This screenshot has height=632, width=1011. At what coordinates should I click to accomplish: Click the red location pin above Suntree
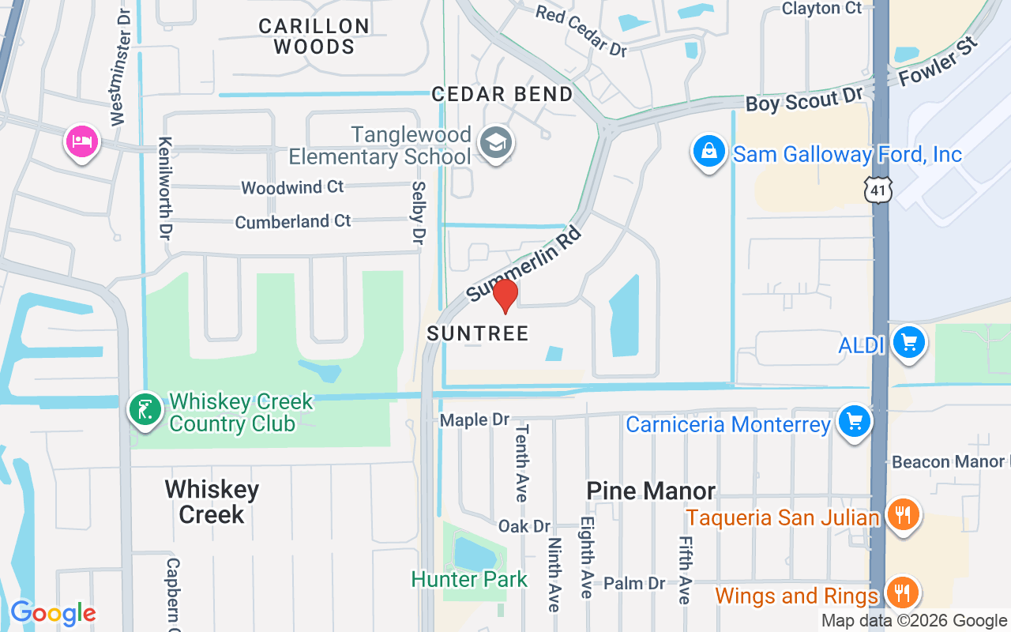pyautogui.click(x=505, y=295)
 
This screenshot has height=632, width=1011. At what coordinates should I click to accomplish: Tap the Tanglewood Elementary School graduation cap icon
pyautogui.click(x=497, y=144)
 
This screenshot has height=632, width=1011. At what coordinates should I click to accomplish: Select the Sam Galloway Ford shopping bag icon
pyautogui.click(x=709, y=150)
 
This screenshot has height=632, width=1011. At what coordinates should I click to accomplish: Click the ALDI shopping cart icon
pyautogui.click(x=908, y=343)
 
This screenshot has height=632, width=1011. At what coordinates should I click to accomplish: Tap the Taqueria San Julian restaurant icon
pyautogui.click(x=903, y=515)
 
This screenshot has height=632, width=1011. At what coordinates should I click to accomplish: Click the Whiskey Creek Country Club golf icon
pyautogui.click(x=145, y=409)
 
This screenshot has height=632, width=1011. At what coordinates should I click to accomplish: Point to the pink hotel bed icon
pyautogui.click(x=81, y=141)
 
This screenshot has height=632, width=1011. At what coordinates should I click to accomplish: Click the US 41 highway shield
pyautogui.click(x=878, y=190)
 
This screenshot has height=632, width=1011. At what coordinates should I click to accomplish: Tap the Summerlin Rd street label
pyautogui.click(x=524, y=264)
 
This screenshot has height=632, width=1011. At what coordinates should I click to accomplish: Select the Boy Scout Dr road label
pyautogui.click(x=804, y=100)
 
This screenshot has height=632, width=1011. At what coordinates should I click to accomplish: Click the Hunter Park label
pyautogui.click(x=469, y=579)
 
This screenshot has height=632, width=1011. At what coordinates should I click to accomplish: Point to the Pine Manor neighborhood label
pyautogui.click(x=651, y=491)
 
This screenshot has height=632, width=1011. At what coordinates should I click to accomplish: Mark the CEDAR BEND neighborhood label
pyautogui.click(x=502, y=94)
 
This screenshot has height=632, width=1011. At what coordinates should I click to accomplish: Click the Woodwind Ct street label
pyautogui.click(x=292, y=187)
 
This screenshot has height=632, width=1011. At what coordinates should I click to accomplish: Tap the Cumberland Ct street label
pyautogui.click(x=292, y=221)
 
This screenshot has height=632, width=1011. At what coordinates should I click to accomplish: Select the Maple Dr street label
pyautogui.click(x=475, y=419)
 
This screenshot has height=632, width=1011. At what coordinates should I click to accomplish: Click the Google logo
pyautogui.click(x=53, y=613)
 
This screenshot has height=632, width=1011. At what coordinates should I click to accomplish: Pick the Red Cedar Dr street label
pyautogui.click(x=581, y=30)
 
